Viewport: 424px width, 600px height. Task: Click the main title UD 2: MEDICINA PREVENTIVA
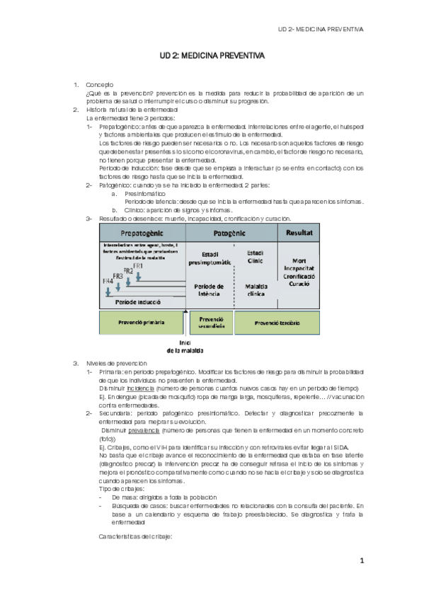coord(212,54)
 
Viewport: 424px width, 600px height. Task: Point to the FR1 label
coord(137,265)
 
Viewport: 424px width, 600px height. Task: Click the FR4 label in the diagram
coord(106,281)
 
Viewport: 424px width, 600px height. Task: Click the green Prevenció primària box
coord(142,322)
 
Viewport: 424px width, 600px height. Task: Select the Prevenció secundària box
coord(209,322)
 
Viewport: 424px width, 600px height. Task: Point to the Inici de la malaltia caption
coord(185,346)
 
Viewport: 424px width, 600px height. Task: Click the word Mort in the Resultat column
coord(302,259)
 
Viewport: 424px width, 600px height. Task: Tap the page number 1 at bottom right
coord(361,561)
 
